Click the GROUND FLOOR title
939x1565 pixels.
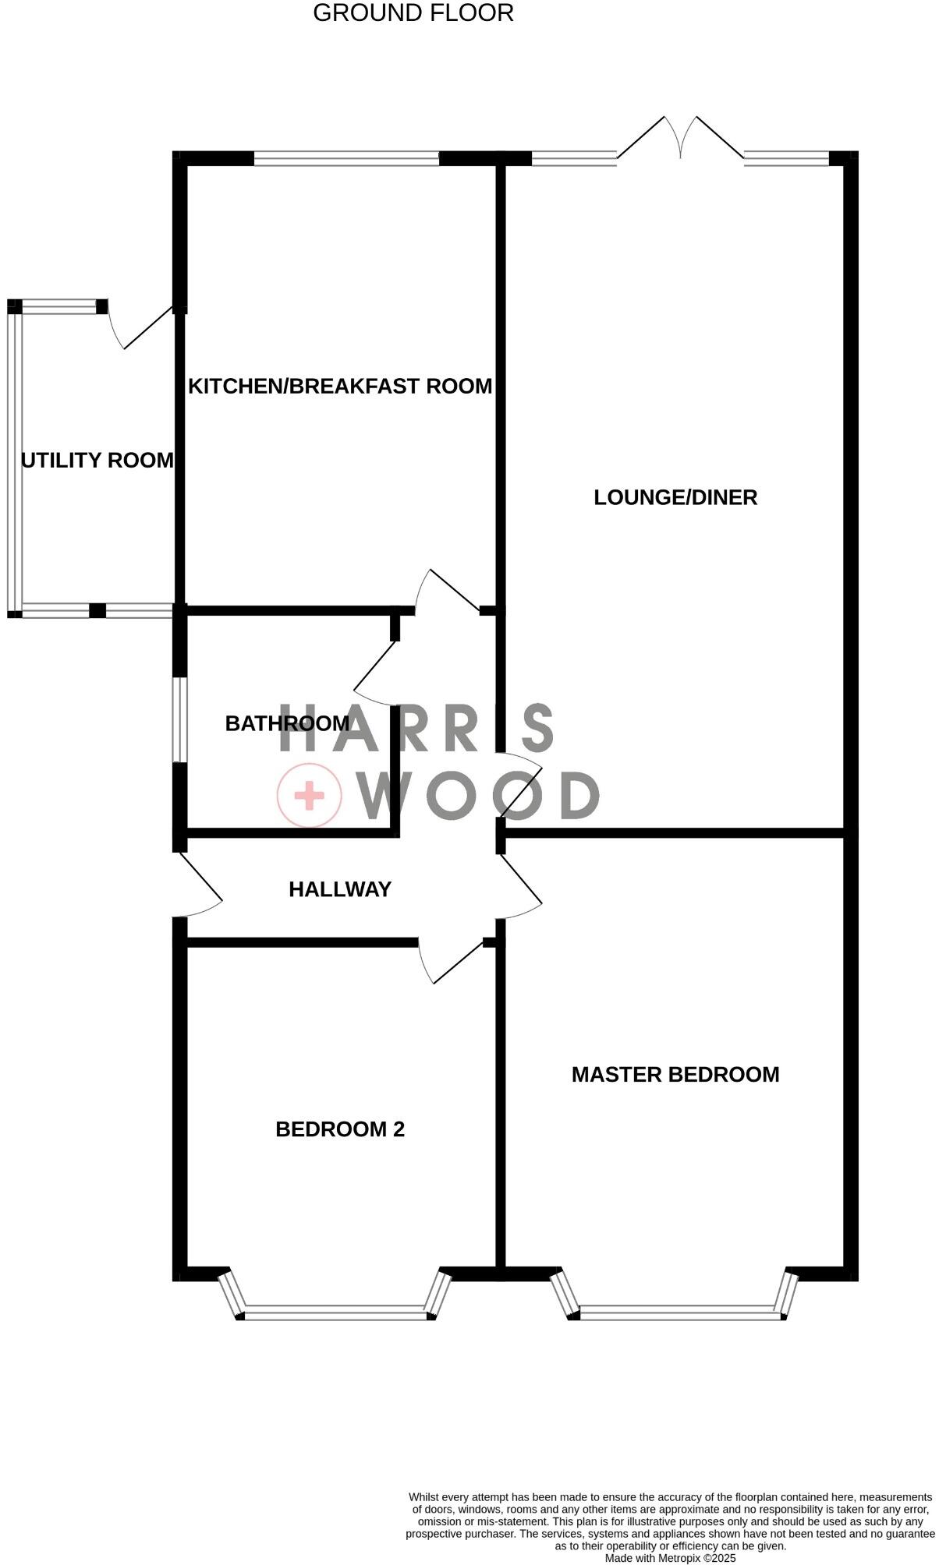(413, 13)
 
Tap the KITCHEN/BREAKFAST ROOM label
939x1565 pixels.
(340, 386)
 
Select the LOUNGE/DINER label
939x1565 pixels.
(675, 497)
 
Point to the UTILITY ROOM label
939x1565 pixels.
(97, 461)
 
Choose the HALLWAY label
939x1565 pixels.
(340, 889)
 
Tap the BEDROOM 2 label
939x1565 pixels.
(340, 1129)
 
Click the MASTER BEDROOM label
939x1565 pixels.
(675, 1075)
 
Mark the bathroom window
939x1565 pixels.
(180, 719)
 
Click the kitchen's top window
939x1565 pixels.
(346, 158)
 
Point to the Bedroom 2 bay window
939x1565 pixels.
(335, 1313)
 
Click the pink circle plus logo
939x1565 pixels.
(310, 795)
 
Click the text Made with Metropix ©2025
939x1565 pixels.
(670, 1558)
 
